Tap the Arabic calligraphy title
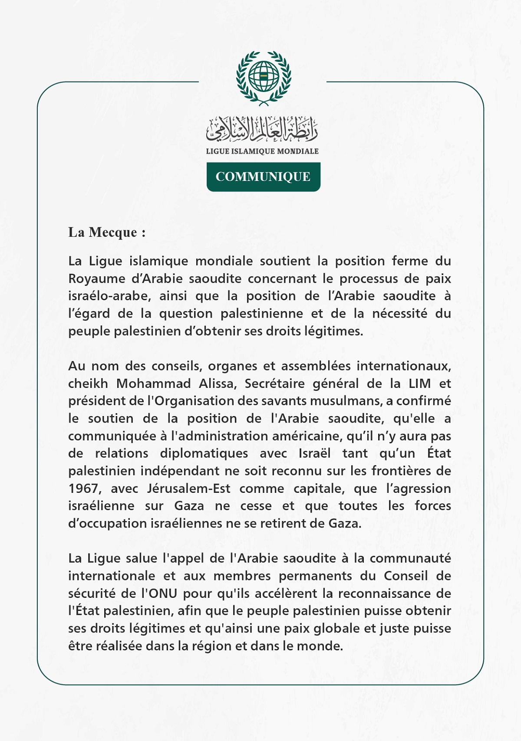262,129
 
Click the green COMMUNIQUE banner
263,177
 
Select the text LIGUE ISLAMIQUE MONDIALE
262,151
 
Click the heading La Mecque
107,232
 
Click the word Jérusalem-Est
188,489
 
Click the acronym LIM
419,384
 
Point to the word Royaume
97,279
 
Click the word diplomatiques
204,453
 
